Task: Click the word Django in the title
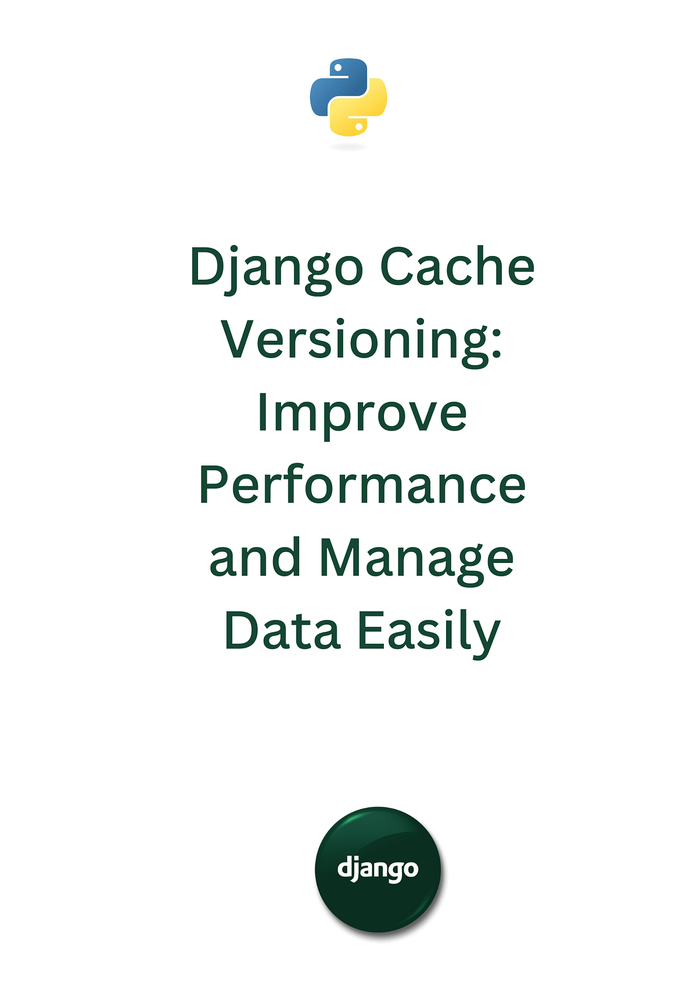coord(276,268)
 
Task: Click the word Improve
coord(362,414)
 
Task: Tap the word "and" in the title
coord(255,558)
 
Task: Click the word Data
coord(282,631)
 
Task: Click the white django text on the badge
coord(378,869)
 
